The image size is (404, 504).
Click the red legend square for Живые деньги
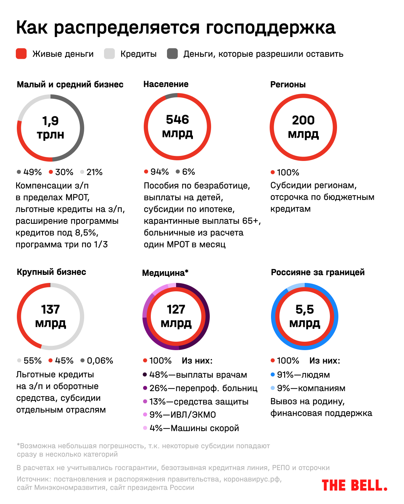point(21,54)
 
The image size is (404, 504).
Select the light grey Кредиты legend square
point(109,54)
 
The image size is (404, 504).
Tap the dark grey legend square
point(172,54)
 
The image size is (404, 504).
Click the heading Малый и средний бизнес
point(70,84)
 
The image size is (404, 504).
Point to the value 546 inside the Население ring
point(177,120)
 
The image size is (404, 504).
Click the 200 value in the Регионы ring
point(303,120)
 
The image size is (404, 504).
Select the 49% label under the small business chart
point(32,172)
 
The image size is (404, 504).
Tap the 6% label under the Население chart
point(188,172)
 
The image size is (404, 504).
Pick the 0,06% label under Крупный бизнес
point(100,361)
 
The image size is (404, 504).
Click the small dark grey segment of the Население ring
point(171,96)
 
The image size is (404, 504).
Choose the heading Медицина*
point(165,273)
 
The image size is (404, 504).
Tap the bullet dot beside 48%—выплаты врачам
point(145,374)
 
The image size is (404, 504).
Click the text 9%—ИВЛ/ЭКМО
point(182,415)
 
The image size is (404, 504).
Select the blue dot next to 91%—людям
point(273,374)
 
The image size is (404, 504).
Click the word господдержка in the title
point(270,28)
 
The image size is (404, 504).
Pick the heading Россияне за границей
point(317,272)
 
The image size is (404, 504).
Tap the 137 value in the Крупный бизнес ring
point(50,309)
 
